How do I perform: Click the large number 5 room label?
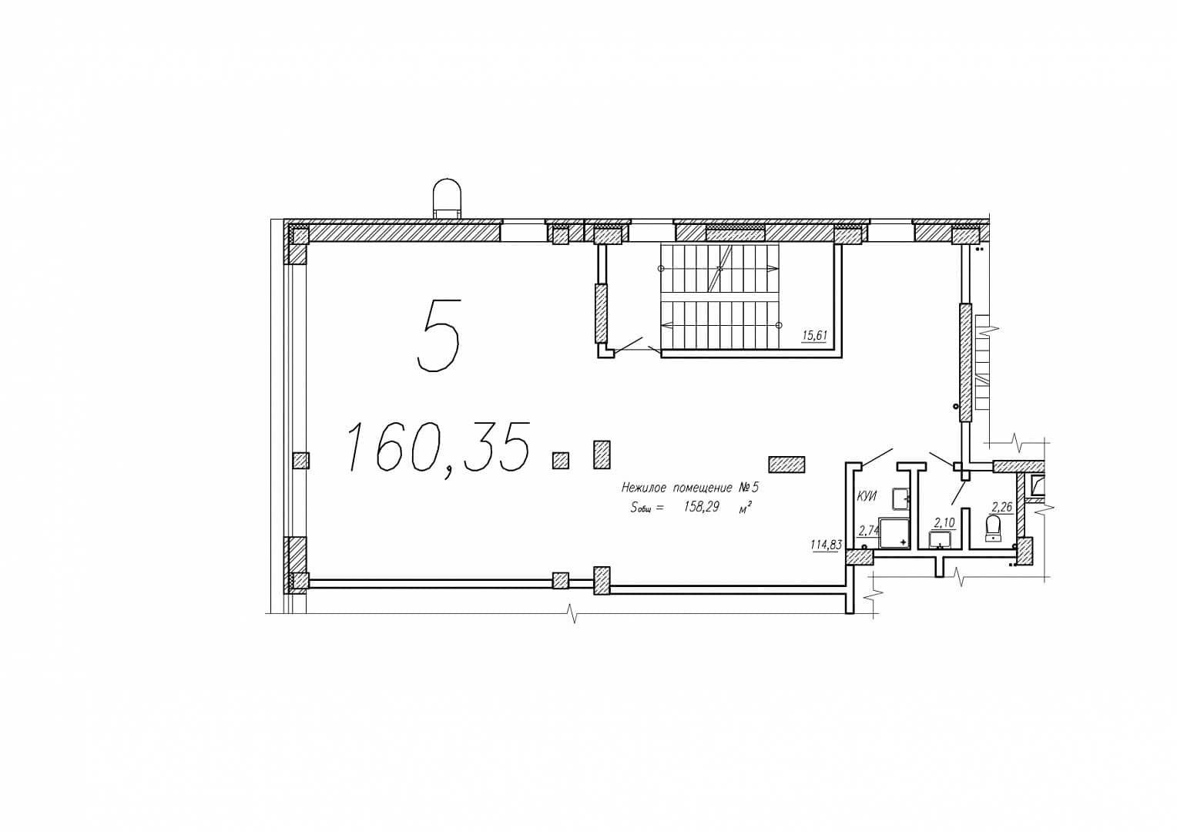pyautogui.click(x=438, y=335)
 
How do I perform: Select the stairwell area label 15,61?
pyautogui.click(x=814, y=335)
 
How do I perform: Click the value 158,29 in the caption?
pyautogui.click(x=701, y=507)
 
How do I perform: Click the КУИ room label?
pyautogui.click(x=867, y=496)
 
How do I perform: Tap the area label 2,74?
pyautogui.click(x=869, y=531)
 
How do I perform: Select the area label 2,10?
pyautogui.click(x=944, y=522)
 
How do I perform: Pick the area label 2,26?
pyautogui.click(x=1001, y=508)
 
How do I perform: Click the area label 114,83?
pyautogui.click(x=826, y=545)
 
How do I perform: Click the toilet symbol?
pyautogui.click(x=993, y=528)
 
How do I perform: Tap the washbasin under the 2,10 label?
pyautogui.click(x=940, y=539)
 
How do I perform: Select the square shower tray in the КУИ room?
pyautogui.click(x=894, y=533)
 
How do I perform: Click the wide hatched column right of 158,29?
pyautogui.click(x=786, y=465)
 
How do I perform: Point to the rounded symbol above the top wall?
pyautogui.click(x=447, y=198)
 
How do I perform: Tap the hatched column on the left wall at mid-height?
pyautogui.click(x=301, y=461)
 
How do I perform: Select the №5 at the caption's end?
pyautogui.click(x=749, y=487)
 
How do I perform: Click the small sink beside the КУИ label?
pyautogui.click(x=900, y=498)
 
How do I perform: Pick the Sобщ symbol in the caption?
pyautogui.click(x=642, y=508)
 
